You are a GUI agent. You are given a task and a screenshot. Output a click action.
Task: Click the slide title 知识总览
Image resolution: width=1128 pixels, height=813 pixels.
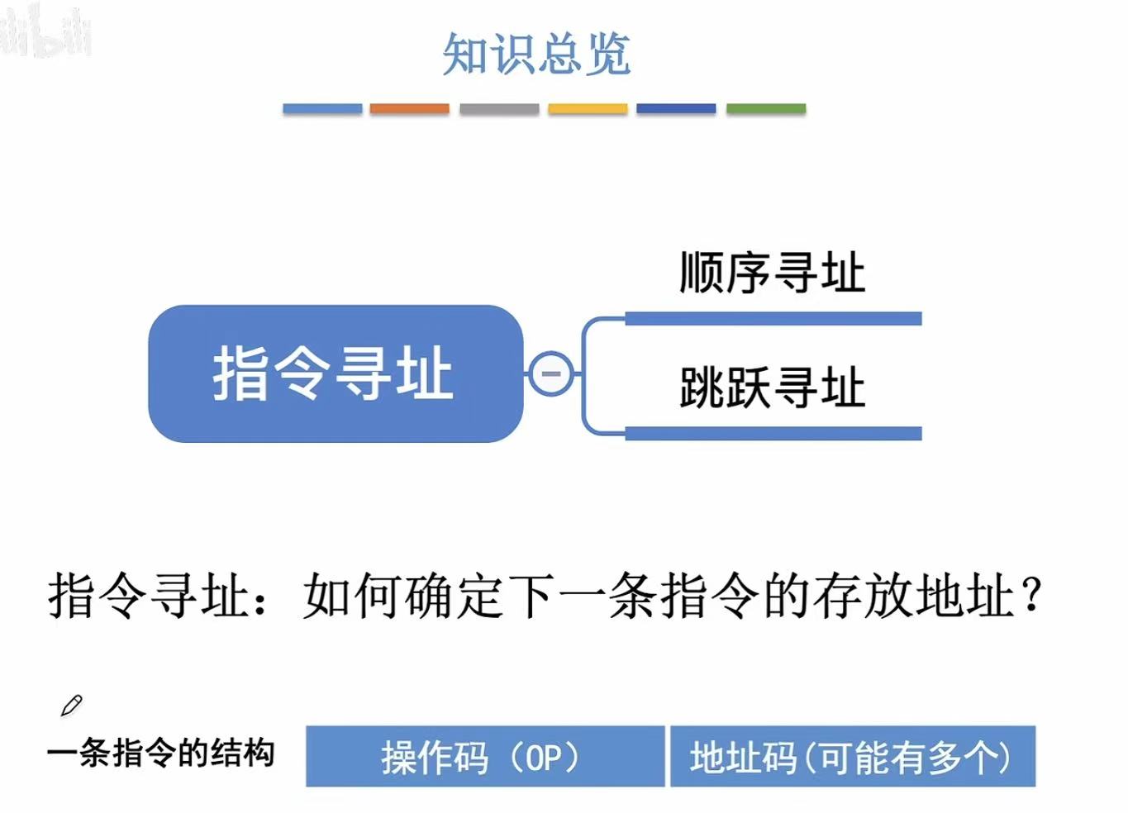[536, 55]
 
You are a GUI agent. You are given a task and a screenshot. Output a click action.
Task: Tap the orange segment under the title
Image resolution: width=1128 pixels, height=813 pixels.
[409, 108]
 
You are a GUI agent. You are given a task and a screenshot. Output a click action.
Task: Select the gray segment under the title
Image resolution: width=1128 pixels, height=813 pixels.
[499, 108]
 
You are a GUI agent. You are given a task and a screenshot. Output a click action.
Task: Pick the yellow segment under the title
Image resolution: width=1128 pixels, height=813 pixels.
[588, 108]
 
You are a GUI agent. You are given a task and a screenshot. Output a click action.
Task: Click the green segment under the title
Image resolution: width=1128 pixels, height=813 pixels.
[765, 108]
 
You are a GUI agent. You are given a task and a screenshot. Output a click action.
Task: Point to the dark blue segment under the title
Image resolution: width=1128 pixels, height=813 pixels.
[676, 108]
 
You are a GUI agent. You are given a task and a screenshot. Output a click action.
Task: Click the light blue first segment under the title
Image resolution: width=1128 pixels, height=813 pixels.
[322, 108]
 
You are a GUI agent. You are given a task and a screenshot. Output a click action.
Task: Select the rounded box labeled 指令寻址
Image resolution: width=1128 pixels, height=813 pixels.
[335, 373]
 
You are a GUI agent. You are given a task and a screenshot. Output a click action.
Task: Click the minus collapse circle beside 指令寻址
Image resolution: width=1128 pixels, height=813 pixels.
[550, 373]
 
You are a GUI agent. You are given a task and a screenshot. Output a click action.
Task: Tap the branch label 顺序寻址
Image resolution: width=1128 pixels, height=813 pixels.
[772, 273]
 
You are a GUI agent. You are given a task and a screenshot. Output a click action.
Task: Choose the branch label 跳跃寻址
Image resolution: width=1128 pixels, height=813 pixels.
[772, 387]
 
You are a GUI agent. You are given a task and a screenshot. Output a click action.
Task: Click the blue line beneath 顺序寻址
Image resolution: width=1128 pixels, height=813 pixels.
[773, 319]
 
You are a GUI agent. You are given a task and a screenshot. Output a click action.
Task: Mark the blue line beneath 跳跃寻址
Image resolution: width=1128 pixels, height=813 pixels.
[773, 433]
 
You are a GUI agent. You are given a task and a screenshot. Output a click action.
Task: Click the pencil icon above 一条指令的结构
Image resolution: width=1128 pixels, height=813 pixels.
[71, 705]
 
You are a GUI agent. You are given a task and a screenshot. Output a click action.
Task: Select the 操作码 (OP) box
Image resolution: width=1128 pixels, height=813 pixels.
[484, 757]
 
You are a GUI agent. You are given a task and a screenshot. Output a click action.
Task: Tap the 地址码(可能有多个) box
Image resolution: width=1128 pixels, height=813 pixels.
[852, 757]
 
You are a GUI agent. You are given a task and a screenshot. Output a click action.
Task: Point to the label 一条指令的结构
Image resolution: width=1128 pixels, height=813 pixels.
[161, 754]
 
